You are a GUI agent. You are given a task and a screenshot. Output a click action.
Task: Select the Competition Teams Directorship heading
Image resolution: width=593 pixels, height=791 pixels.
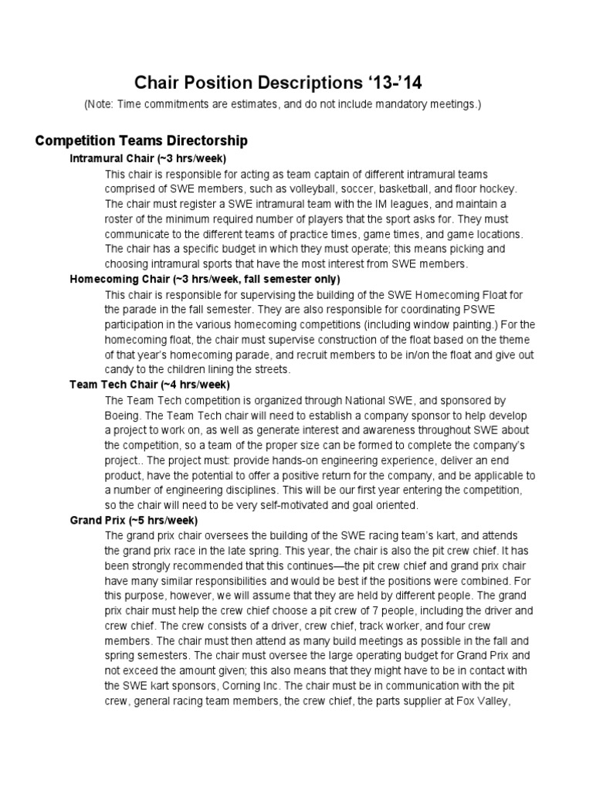tap(142, 141)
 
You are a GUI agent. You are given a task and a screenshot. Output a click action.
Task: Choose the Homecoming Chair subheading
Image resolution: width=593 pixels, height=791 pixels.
tap(205, 279)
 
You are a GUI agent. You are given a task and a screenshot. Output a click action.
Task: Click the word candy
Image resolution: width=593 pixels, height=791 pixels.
tap(121, 369)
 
